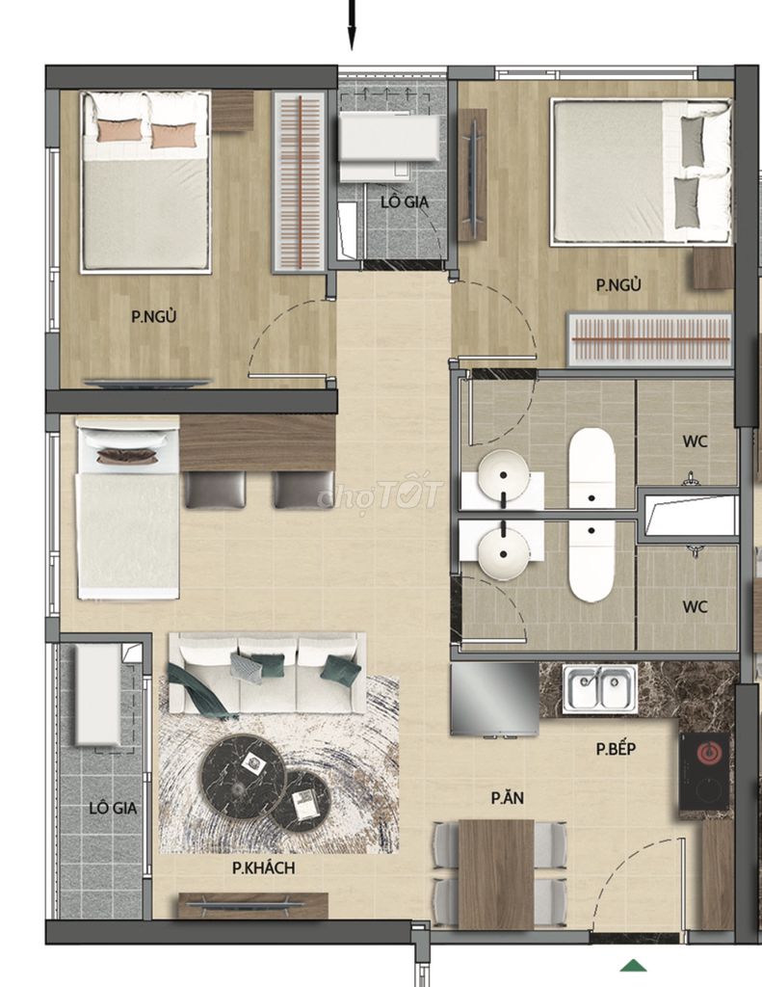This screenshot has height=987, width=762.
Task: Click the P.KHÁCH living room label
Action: pos(264,868)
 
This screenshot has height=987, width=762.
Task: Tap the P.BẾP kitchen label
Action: pos(616,748)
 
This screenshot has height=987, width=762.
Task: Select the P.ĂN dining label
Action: pos(508,797)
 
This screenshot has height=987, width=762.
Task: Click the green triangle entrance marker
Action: pos(634,965)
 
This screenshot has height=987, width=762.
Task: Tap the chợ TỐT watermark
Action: pos(381,494)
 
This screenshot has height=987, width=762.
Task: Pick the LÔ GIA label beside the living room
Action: pos(113,808)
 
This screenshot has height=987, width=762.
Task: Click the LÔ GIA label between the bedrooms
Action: pos(405,202)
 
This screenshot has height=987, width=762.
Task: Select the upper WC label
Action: pos(696,441)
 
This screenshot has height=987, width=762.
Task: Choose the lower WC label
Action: pos(696,607)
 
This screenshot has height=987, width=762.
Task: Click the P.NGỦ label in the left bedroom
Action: pos(153,315)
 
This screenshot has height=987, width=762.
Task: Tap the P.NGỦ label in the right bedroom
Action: pos(619,284)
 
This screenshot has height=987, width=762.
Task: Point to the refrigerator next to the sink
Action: pos(494,700)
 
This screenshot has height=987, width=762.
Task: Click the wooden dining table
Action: pos(496,873)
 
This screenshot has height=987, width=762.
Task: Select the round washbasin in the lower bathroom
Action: pos(504,554)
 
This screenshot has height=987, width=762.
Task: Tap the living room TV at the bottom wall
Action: pos(253,905)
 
